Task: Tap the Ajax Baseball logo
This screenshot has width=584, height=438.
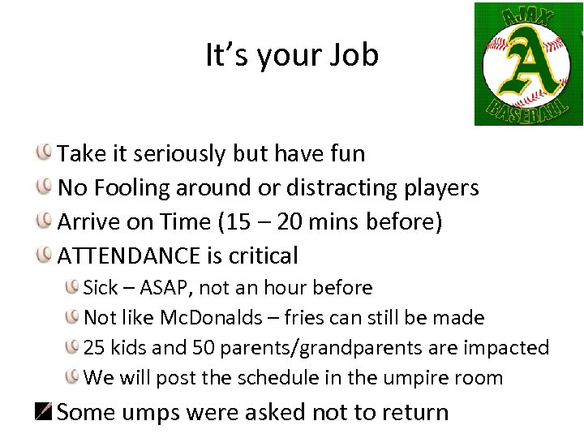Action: (528, 64)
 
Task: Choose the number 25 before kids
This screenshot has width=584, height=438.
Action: (95, 348)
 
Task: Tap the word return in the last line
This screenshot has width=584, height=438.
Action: (417, 412)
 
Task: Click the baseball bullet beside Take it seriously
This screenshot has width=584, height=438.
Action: (45, 152)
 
